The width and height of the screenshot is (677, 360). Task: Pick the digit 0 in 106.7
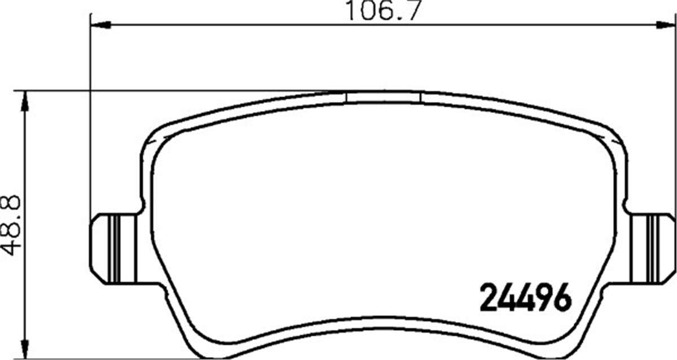pos(366,11)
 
